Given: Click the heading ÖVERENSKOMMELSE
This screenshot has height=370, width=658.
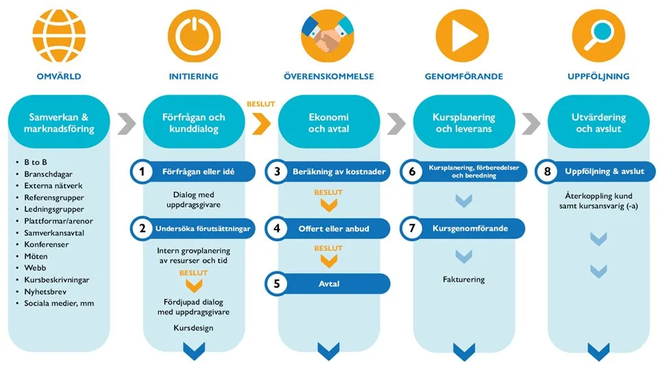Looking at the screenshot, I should [x=328, y=76].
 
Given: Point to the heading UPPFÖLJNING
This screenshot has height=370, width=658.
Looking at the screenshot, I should [x=598, y=76].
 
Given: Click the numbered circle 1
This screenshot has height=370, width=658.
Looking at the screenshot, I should [x=143, y=171].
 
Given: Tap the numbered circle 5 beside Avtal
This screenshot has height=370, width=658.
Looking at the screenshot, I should [x=277, y=284].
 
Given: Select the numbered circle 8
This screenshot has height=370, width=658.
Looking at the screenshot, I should [x=546, y=171].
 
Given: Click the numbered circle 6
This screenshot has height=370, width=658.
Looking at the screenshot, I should [x=412, y=171].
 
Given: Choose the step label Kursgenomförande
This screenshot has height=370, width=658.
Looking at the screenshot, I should [x=470, y=228].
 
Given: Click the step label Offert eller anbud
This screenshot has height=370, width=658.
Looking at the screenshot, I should [x=334, y=228].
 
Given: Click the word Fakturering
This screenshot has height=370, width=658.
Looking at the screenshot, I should [x=463, y=280].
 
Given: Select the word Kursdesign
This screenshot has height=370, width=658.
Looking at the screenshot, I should [x=193, y=328].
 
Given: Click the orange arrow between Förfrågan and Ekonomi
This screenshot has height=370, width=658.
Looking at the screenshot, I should [x=261, y=123].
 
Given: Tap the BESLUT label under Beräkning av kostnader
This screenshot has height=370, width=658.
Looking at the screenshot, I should [x=328, y=193].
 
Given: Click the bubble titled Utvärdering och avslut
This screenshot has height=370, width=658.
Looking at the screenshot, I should [x=598, y=123].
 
